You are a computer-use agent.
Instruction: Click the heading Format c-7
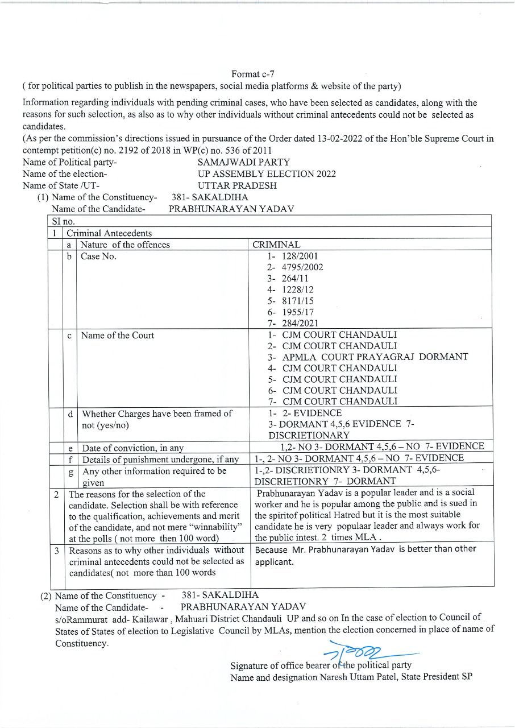[x=253, y=74]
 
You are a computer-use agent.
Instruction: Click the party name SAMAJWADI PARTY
[x=244, y=162]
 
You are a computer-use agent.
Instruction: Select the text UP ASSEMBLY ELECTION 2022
[x=267, y=174]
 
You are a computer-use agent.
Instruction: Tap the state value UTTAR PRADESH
[x=237, y=185]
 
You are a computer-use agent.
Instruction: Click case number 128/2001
[x=300, y=256]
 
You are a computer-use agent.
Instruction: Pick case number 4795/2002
[x=302, y=267]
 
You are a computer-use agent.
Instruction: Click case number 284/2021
[x=300, y=323]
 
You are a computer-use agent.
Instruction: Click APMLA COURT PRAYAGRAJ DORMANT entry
[x=375, y=357]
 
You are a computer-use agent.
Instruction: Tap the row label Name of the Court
[x=117, y=335]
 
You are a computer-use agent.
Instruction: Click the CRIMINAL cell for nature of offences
[x=276, y=245]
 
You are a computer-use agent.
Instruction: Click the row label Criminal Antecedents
[x=109, y=233]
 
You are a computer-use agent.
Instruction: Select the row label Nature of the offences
[x=125, y=245]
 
